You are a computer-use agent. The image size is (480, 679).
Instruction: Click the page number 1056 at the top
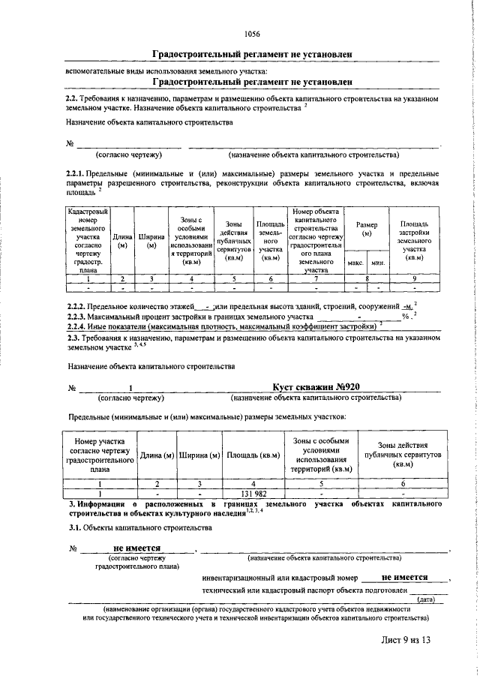252,34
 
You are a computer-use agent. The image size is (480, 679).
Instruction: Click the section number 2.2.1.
79,174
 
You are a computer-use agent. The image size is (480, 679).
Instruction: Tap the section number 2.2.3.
79,317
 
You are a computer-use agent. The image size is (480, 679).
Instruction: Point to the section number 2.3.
73,338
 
